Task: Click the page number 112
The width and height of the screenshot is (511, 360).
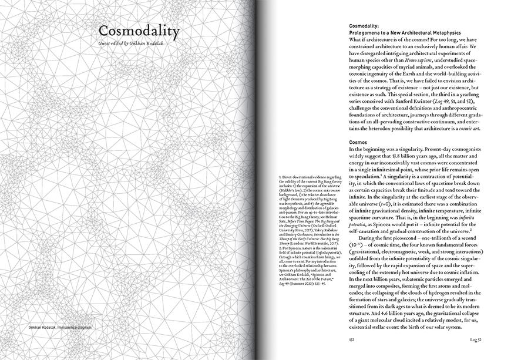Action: tap(352, 339)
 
